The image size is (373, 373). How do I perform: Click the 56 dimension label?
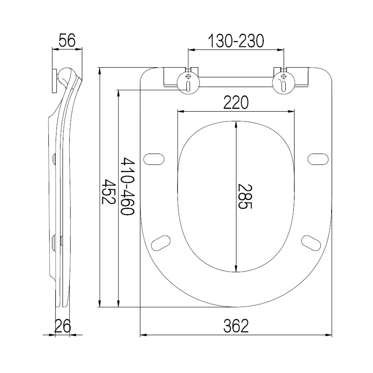(67, 40)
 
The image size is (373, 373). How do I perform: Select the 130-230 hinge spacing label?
(236, 41)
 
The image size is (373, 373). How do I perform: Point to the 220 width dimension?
(236, 102)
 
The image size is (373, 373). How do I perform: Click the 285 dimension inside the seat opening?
(245, 196)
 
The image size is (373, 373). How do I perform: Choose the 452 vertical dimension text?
(108, 191)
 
